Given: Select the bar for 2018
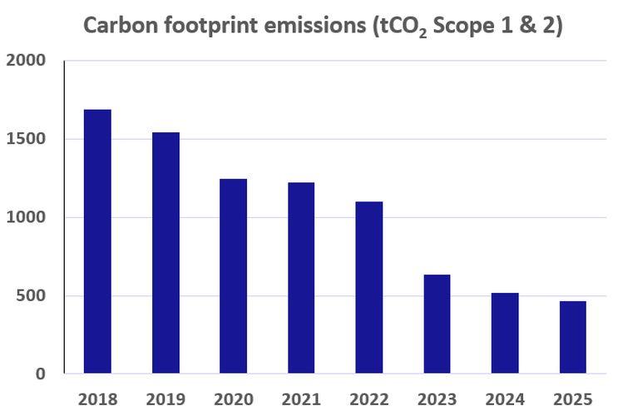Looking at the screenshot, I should pyautogui.click(x=97, y=241).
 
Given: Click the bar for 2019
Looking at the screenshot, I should pyautogui.click(x=166, y=253).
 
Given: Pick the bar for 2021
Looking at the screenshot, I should pyautogui.click(x=301, y=278).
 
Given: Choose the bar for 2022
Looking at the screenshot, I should pyautogui.click(x=368, y=287).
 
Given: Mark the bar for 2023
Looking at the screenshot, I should pyautogui.click(x=437, y=324).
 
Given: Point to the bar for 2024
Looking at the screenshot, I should pyautogui.click(x=504, y=333).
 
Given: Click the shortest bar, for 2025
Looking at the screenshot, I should pyautogui.click(x=572, y=337).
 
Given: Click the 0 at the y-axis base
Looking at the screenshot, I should pyautogui.click(x=41, y=374).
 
